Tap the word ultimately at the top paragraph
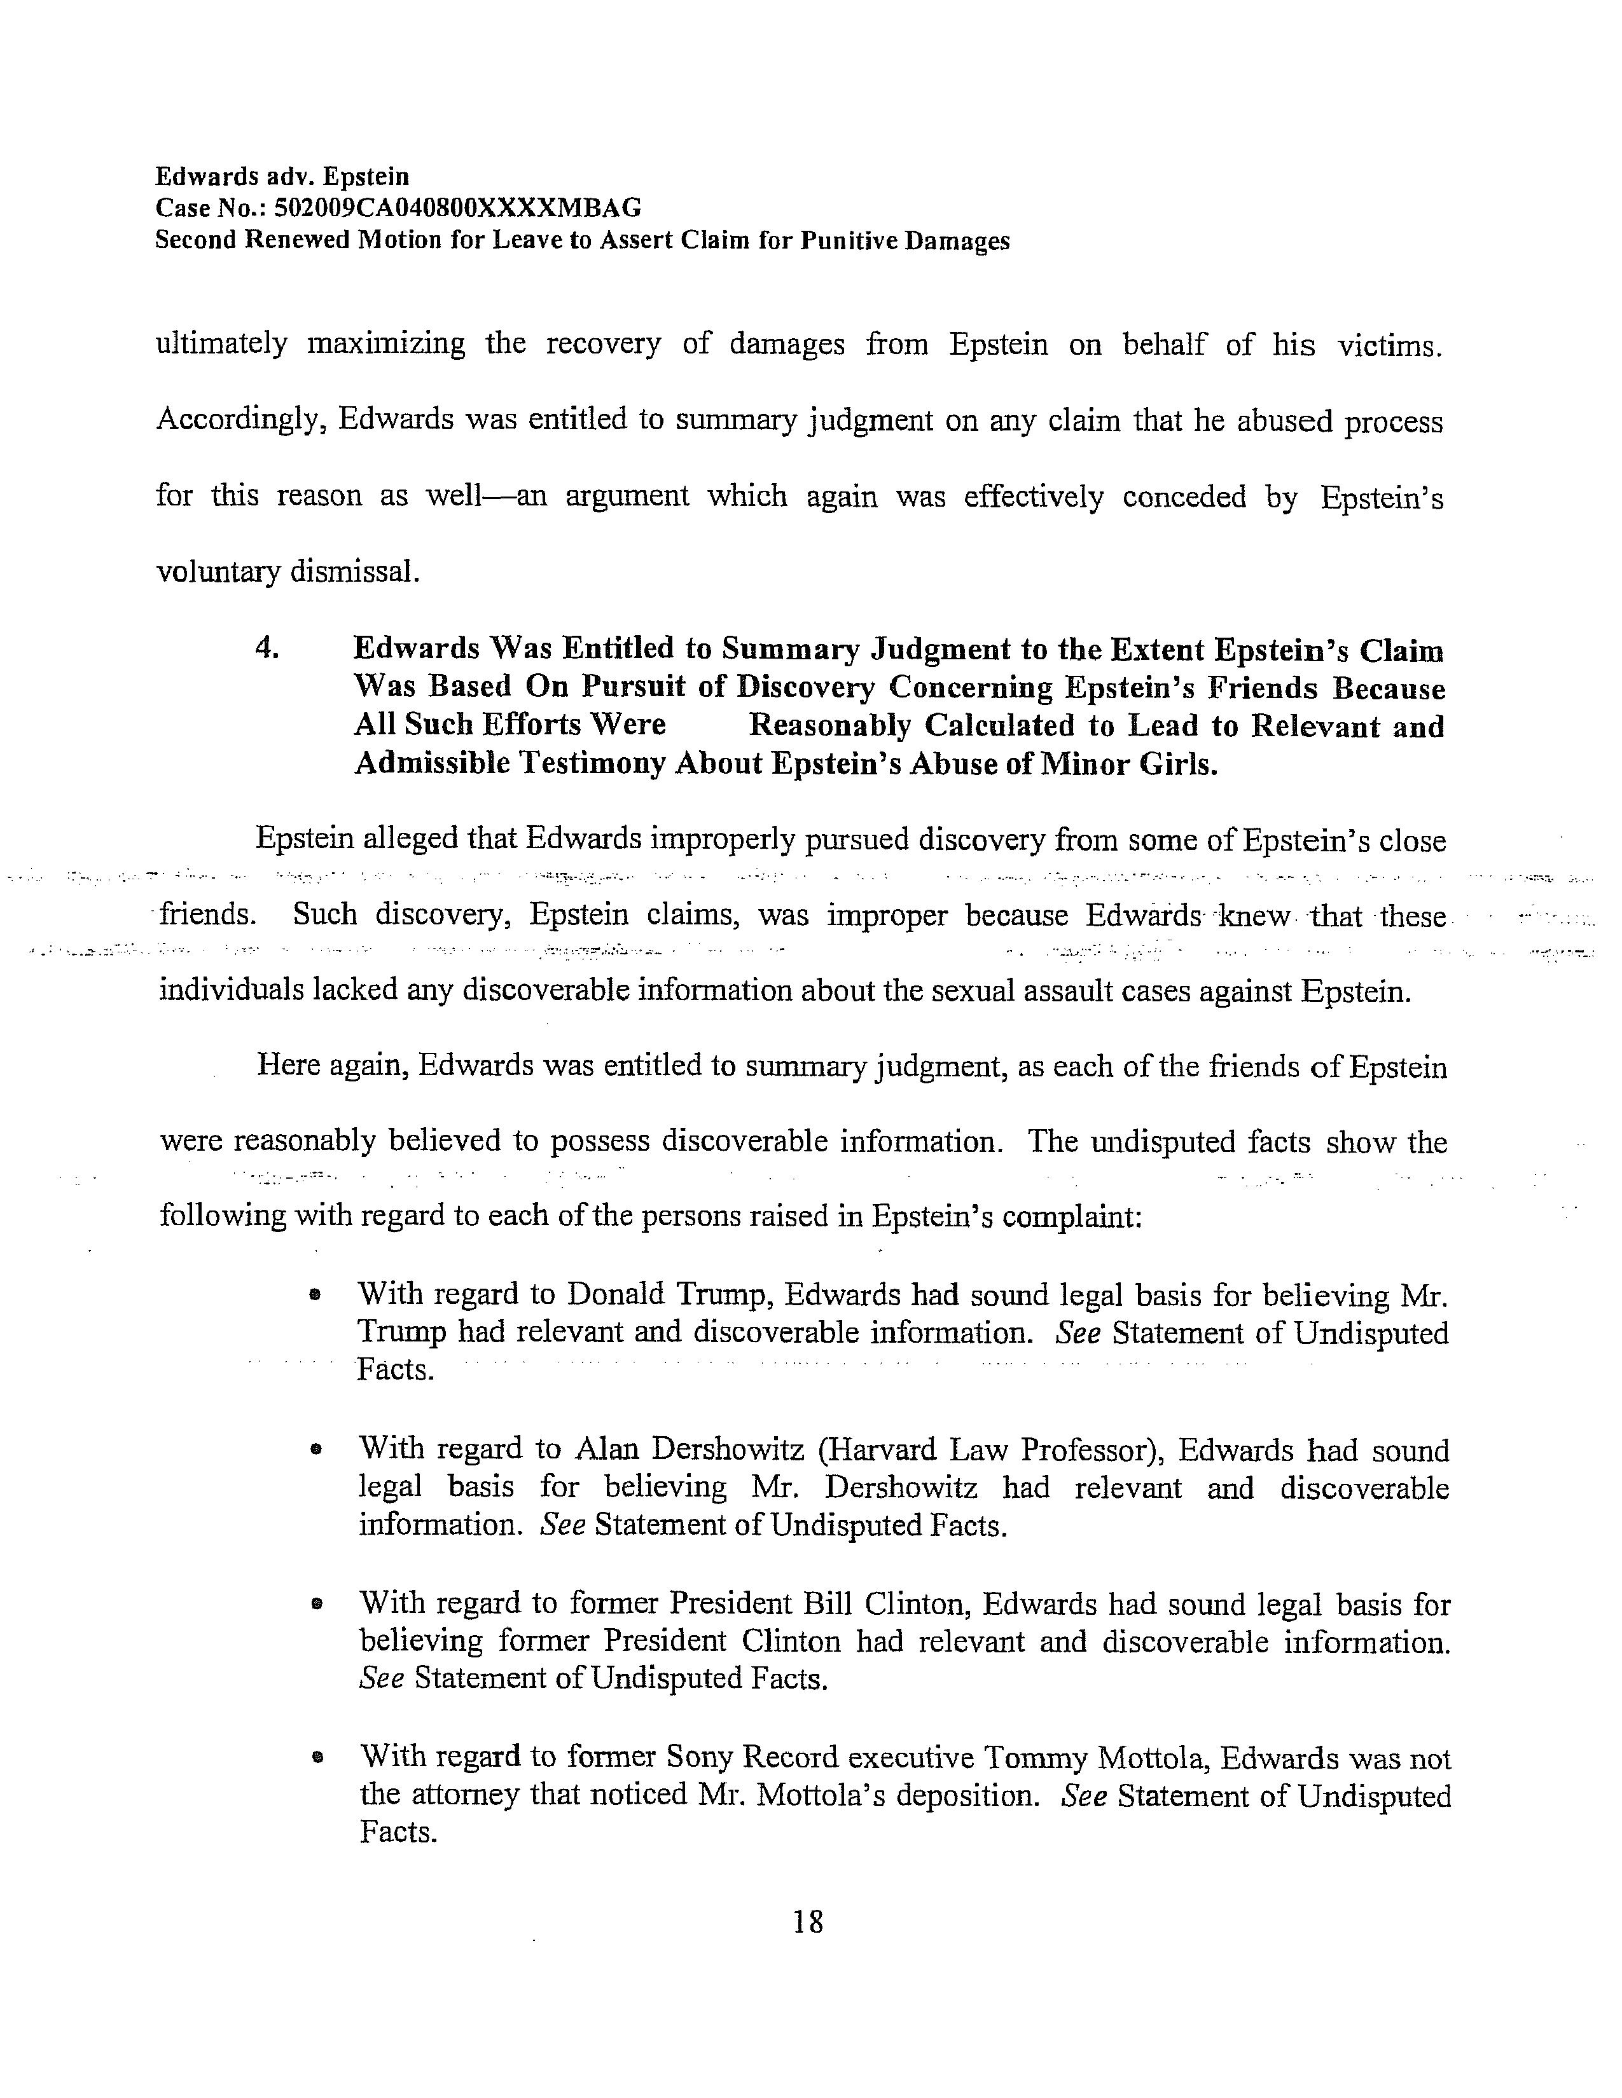point(221,344)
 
